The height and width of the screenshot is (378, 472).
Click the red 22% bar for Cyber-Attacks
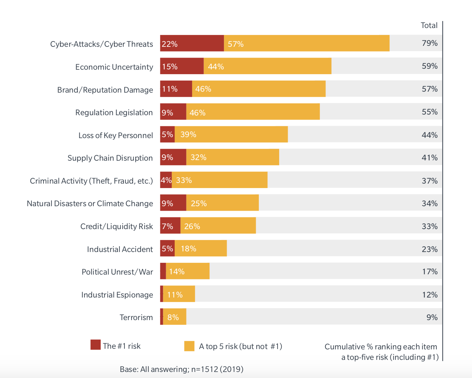[192, 43]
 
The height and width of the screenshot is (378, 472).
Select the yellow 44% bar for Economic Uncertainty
[267, 66]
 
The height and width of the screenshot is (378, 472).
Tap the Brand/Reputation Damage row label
[105, 90]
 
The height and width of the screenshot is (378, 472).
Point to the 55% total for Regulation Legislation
[429, 112]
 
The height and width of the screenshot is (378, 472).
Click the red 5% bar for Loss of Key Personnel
[167, 135]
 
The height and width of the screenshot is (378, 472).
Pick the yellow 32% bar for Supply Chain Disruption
[233, 157]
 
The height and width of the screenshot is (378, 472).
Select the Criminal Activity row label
[91, 181]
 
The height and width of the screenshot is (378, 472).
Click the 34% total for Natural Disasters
[429, 204]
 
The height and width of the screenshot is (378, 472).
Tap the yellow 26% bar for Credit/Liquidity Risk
[218, 226]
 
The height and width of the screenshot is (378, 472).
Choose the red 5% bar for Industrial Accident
[167, 248]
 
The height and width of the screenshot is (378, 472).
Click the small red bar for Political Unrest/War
[163, 271]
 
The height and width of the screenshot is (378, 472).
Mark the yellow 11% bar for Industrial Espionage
[179, 294]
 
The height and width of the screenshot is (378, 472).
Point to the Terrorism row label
[136, 318]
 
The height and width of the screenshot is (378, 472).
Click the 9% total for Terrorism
[432, 318]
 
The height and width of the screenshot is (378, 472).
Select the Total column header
[429, 25]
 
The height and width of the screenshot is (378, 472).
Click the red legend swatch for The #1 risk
[95, 345]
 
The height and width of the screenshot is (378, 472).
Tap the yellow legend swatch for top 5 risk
[189, 346]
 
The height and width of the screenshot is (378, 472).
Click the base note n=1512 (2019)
[181, 369]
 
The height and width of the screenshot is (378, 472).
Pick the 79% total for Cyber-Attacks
[429, 43]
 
